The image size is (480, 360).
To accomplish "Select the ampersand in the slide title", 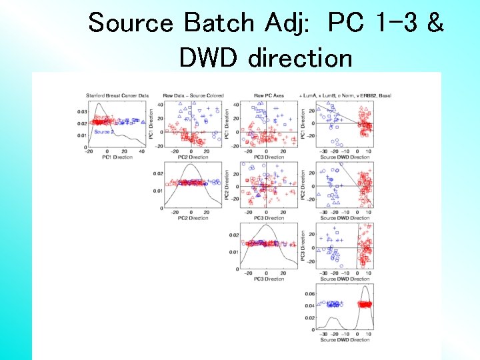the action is [435, 23].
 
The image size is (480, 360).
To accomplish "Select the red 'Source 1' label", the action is [103, 117].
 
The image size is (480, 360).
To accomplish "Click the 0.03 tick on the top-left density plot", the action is [82, 111].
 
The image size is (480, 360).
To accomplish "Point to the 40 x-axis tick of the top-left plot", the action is [142, 153].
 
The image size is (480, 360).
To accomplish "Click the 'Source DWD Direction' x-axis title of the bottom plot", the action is [345, 340].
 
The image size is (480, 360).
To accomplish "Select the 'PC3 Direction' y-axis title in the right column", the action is [303, 246].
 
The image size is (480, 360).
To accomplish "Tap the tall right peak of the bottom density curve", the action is [364, 288].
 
